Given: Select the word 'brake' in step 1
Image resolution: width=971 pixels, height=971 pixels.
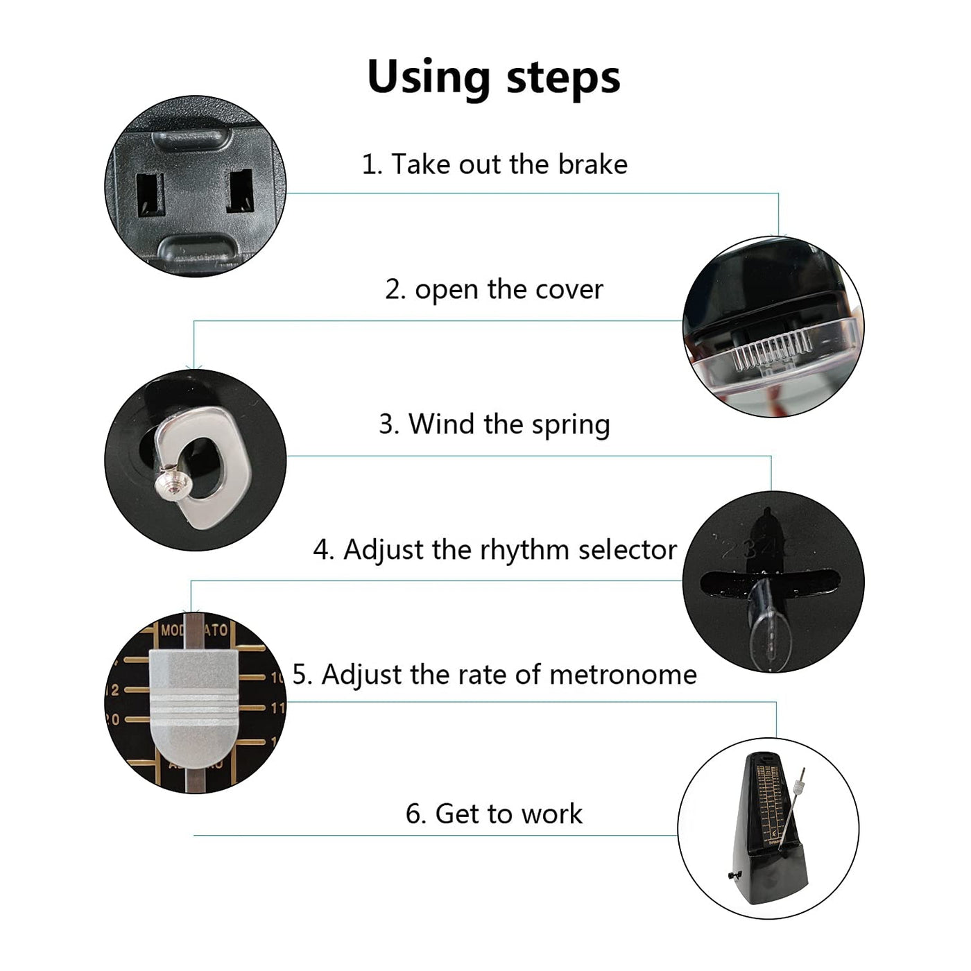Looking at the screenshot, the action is click(x=592, y=164).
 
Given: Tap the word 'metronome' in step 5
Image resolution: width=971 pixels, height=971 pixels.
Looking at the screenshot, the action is click(x=624, y=675).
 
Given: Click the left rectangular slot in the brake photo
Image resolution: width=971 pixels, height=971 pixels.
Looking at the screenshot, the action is click(x=151, y=194).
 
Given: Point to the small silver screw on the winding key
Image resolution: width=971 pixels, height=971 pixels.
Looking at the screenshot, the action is click(x=173, y=484).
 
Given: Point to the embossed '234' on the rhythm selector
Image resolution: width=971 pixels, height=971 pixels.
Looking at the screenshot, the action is click(x=752, y=549).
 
